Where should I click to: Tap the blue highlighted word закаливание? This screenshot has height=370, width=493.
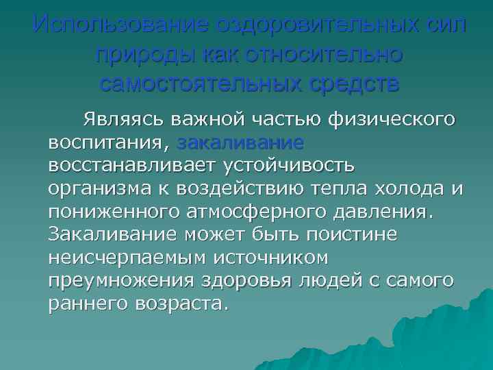(x=240, y=143)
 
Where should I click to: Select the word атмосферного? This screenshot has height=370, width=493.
(x=253, y=211)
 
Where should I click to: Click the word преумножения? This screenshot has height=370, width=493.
(x=110, y=280)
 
